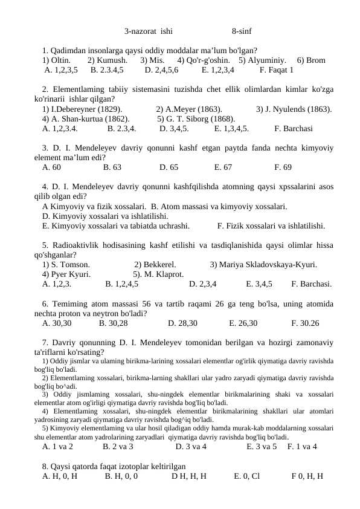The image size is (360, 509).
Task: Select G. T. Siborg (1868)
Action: pyautogui.click(x=196, y=119)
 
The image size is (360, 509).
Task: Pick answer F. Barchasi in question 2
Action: pyautogui.click(x=293, y=129)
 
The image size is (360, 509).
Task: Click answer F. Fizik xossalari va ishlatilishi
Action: pyautogui.click(x=263, y=226)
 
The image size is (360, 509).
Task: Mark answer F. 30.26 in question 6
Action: pyautogui.click(x=305, y=323)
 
